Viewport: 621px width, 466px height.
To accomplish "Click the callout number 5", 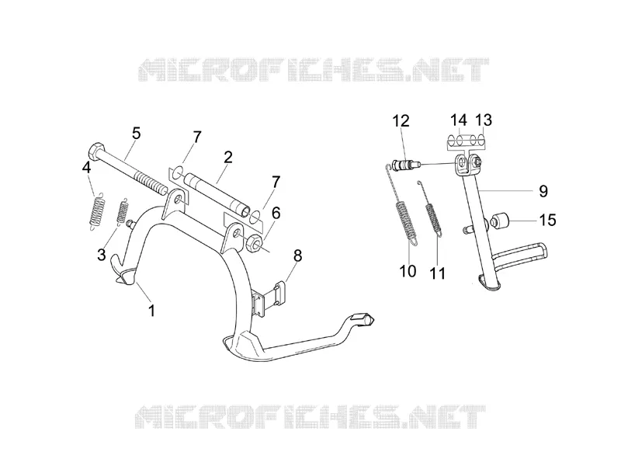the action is point(137,133).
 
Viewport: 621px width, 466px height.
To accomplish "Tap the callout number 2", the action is point(227,158).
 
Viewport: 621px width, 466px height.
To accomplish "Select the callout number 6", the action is point(276,213).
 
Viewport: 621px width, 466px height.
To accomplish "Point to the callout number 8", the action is point(297,256).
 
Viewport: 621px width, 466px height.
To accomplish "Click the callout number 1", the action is point(151,310).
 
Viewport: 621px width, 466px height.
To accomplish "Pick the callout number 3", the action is point(102,254).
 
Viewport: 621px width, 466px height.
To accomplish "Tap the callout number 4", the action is point(86,167).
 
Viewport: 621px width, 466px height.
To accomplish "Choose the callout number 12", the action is point(401,120).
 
